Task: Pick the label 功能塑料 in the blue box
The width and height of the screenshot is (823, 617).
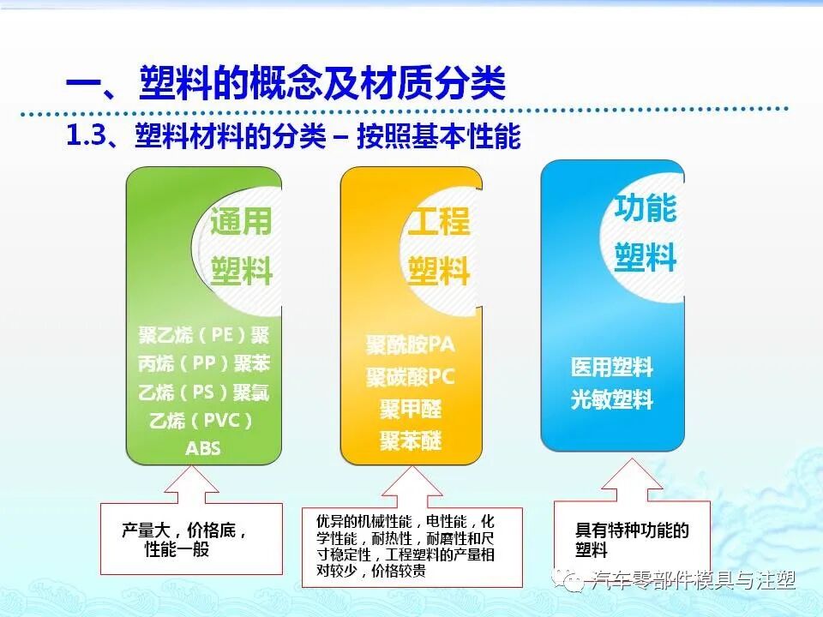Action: click(646, 232)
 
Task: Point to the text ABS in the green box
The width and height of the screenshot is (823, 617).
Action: click(203, 448)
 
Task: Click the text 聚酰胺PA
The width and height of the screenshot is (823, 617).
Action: click(411, 344)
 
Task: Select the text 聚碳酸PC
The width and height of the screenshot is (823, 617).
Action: click(411, 377)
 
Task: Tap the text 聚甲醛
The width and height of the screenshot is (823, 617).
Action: click(411, 409)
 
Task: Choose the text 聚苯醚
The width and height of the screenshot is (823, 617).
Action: click(411, 440)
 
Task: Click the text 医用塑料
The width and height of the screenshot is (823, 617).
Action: click(612, 368)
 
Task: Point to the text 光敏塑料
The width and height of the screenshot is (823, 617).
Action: click(612, 399)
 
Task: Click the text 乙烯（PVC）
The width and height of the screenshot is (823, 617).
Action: click(202, 421)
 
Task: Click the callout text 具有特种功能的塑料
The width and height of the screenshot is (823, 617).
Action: click(632, 540)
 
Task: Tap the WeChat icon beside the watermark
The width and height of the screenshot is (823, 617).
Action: click(569, 580)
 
